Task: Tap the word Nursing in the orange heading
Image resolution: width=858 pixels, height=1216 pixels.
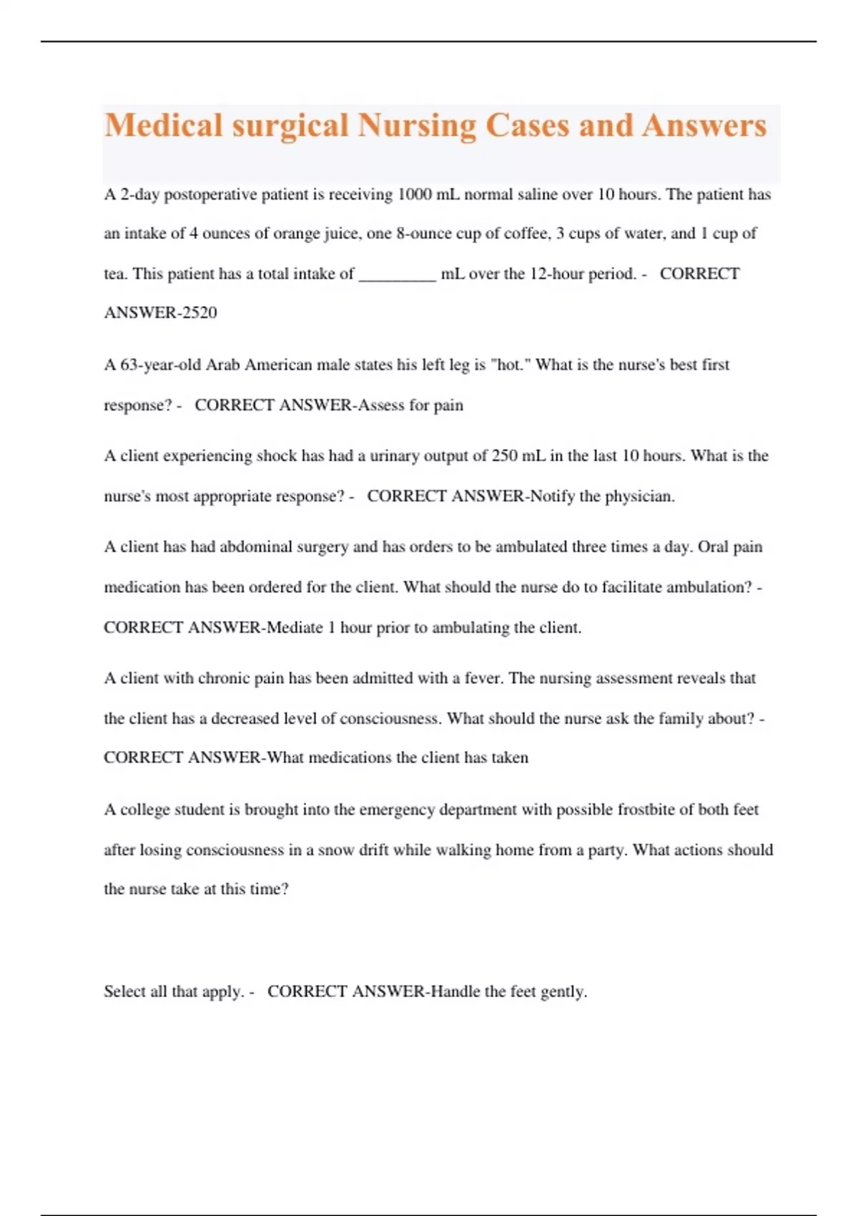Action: click(x=415, y=126)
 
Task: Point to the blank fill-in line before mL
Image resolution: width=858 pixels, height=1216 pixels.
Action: click(x=397, y=275)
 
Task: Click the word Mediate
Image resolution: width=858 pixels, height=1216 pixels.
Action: click(x=295, y=628)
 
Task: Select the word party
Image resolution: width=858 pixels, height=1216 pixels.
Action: click(x=606, y=850)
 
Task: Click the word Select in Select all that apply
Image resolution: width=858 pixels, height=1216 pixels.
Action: click(x=125, y=991)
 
